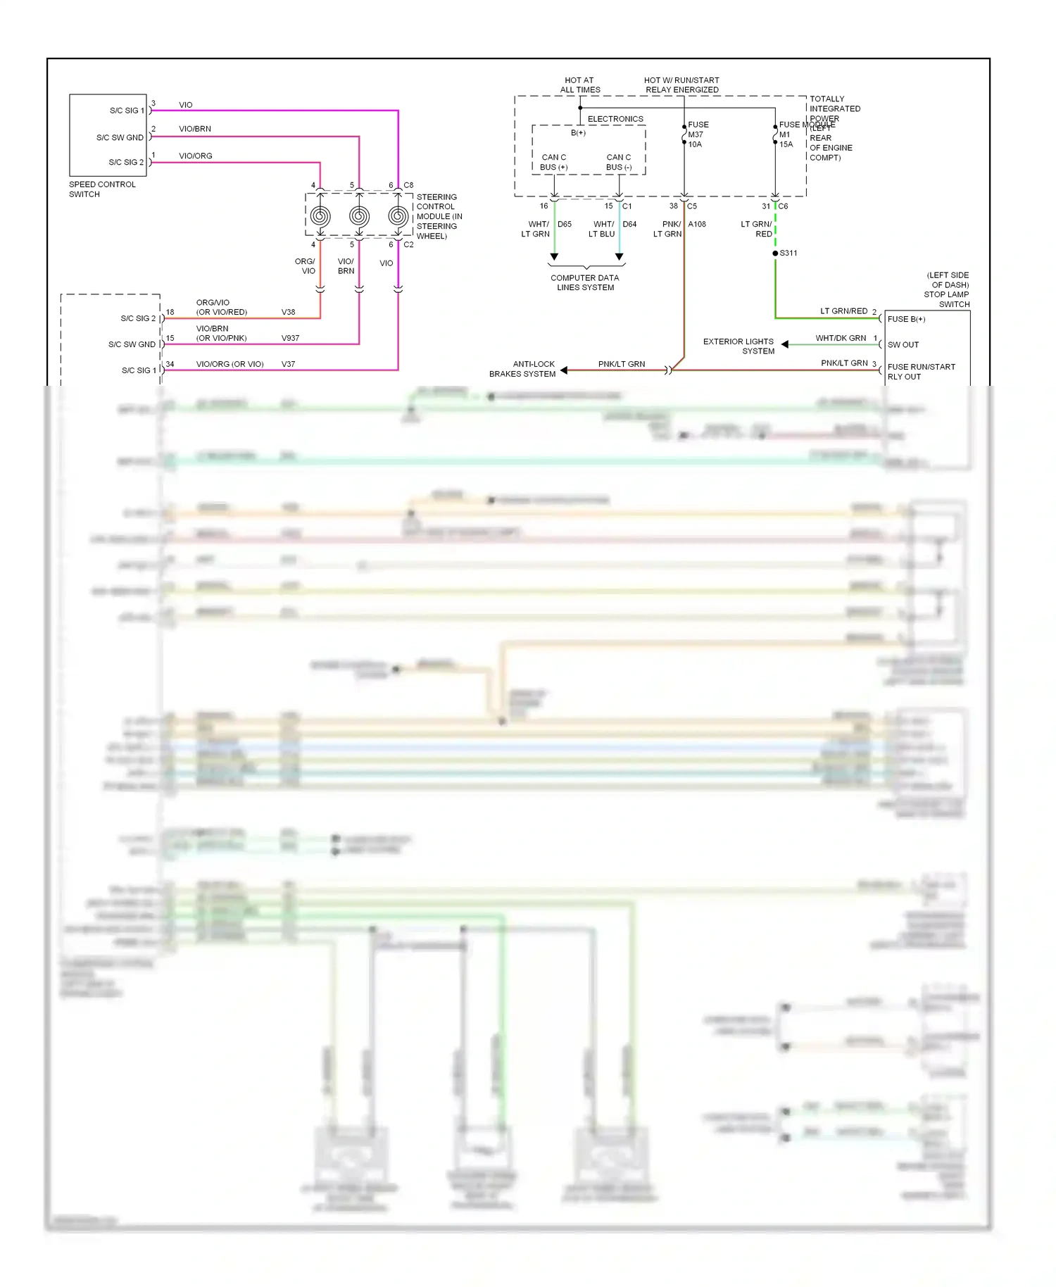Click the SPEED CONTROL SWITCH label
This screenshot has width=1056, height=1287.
pos(102,189)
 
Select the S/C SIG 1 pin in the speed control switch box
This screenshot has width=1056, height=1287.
pos(127,111)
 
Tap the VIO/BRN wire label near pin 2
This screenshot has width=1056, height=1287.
pos(194,129)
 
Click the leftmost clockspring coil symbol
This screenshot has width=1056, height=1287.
pos(320,216)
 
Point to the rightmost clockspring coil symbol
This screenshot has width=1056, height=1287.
pos(398,216)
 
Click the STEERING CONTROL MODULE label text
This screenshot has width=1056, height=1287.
pos(439,216)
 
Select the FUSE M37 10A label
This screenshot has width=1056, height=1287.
pos(698,134)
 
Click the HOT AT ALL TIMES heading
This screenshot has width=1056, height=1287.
pos(579,85)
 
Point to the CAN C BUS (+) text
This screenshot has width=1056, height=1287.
pos(553,162)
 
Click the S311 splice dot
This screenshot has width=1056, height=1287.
pos(775,253)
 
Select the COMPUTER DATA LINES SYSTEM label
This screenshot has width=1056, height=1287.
pos(585,282)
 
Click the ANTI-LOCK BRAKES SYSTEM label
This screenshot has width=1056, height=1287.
pos(523,369)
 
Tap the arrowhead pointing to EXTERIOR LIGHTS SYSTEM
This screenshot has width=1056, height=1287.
pos(785,344)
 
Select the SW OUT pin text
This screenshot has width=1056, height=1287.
pos(903,345)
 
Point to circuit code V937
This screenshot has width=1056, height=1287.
pos(290,338)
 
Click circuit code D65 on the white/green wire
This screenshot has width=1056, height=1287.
pos(565,225)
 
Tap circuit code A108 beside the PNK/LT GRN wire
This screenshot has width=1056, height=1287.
pos(697,225)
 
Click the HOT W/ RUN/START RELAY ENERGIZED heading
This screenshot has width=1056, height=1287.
pos(681,85)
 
